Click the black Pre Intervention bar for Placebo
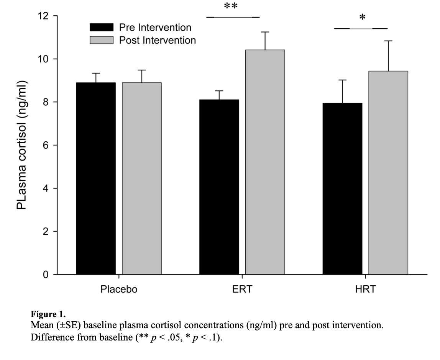click(96, 178)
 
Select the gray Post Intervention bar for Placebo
click(142, 178)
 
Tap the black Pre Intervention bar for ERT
click(219, 187)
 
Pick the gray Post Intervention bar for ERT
click(265, 162)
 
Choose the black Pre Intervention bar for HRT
click(342, 188)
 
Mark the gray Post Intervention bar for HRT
click(388, 173)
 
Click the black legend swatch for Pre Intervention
click(102, 27)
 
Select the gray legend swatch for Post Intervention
click(102, 40)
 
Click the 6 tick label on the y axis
click(44, 146)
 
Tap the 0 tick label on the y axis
click(44, 275)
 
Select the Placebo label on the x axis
click(119, 289)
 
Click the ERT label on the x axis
click(242, 289)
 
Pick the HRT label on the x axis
click(365, 289)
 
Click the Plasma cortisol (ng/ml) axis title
click(22, 146)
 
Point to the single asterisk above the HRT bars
click(362, 18)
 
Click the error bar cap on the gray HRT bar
click(388, 41)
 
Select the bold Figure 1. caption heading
click(43, 315)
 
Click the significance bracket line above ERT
click(233, 17)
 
